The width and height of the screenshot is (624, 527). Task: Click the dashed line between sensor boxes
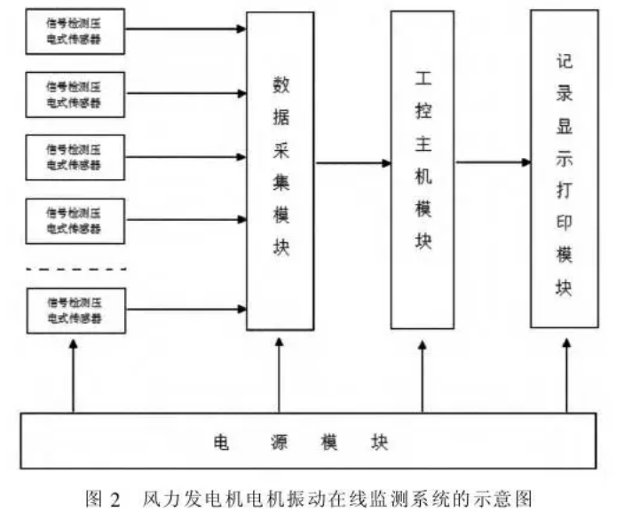pos(76,267)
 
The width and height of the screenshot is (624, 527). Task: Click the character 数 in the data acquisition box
pos(280,87)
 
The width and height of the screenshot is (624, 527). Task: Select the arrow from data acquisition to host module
pos(352,163)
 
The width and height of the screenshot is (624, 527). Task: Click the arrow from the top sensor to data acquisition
pos(186,29)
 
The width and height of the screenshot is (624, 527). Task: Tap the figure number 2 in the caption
pos(115,499)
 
